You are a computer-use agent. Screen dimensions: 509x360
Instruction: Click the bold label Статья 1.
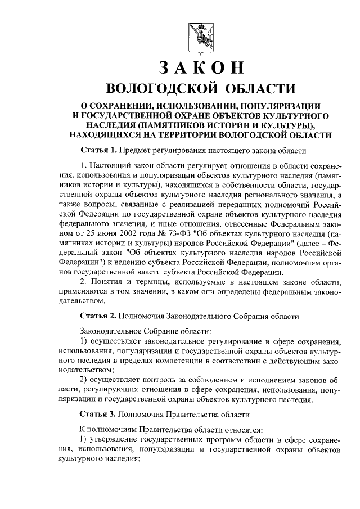[x=98, y=151]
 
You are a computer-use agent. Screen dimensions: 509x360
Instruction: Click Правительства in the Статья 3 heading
[x=190, y=415]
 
